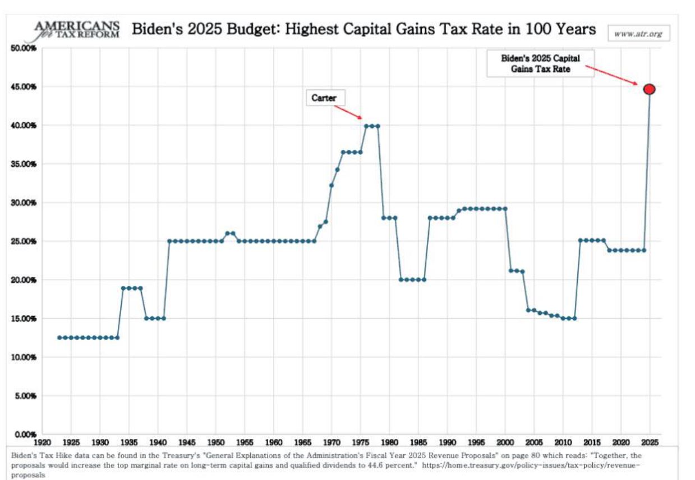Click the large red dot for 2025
pos(650,89)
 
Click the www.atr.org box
pos(638,34)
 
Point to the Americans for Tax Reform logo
pos(77,30)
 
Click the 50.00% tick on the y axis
pos(23,48)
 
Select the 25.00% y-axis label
pos(23,241)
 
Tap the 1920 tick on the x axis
pos(43,442)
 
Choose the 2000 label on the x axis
pos(505,442)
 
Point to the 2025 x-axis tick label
pos(650,442)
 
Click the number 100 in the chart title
pos(533,29)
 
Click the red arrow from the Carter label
pos(347,111)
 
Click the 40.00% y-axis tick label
pos(23,125)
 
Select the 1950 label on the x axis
pos(216,442)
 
